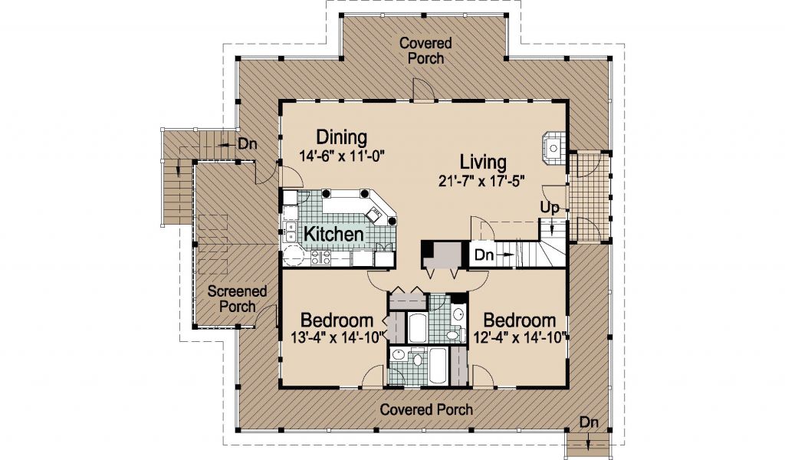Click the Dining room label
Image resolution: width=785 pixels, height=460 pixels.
[x=341, y=137]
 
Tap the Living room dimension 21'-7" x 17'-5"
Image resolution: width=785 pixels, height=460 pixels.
[x=481, y=180]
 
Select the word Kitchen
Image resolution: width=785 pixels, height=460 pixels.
[x=333, y=234]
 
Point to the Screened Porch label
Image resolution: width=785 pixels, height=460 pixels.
[x=238, y=298]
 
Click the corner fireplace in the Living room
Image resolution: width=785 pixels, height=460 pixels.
[x=553, y=148]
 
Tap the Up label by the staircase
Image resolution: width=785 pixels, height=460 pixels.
[x=549, y=207]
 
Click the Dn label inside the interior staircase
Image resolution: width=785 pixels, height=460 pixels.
[x=484, y=255]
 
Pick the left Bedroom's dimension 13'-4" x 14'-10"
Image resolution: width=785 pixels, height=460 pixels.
[x=337, y=337]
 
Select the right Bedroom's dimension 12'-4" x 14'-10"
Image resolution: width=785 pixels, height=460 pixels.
[x=521, y=337]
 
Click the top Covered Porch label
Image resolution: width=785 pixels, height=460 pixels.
[x=425, y=51]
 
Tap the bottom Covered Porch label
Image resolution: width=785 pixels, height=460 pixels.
[x=426, y=409]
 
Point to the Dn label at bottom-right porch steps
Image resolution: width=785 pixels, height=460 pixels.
[x=590, y=422]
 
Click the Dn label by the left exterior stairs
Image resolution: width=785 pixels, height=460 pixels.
[x=248, y=143]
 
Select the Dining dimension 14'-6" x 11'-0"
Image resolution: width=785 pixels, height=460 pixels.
[x=341, y=156]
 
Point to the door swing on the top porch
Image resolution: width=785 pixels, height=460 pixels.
[x=420, y=90]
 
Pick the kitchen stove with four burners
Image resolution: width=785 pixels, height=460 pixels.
[x=321, y=258]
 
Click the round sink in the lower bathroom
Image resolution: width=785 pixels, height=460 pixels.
[x=398, y=356]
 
